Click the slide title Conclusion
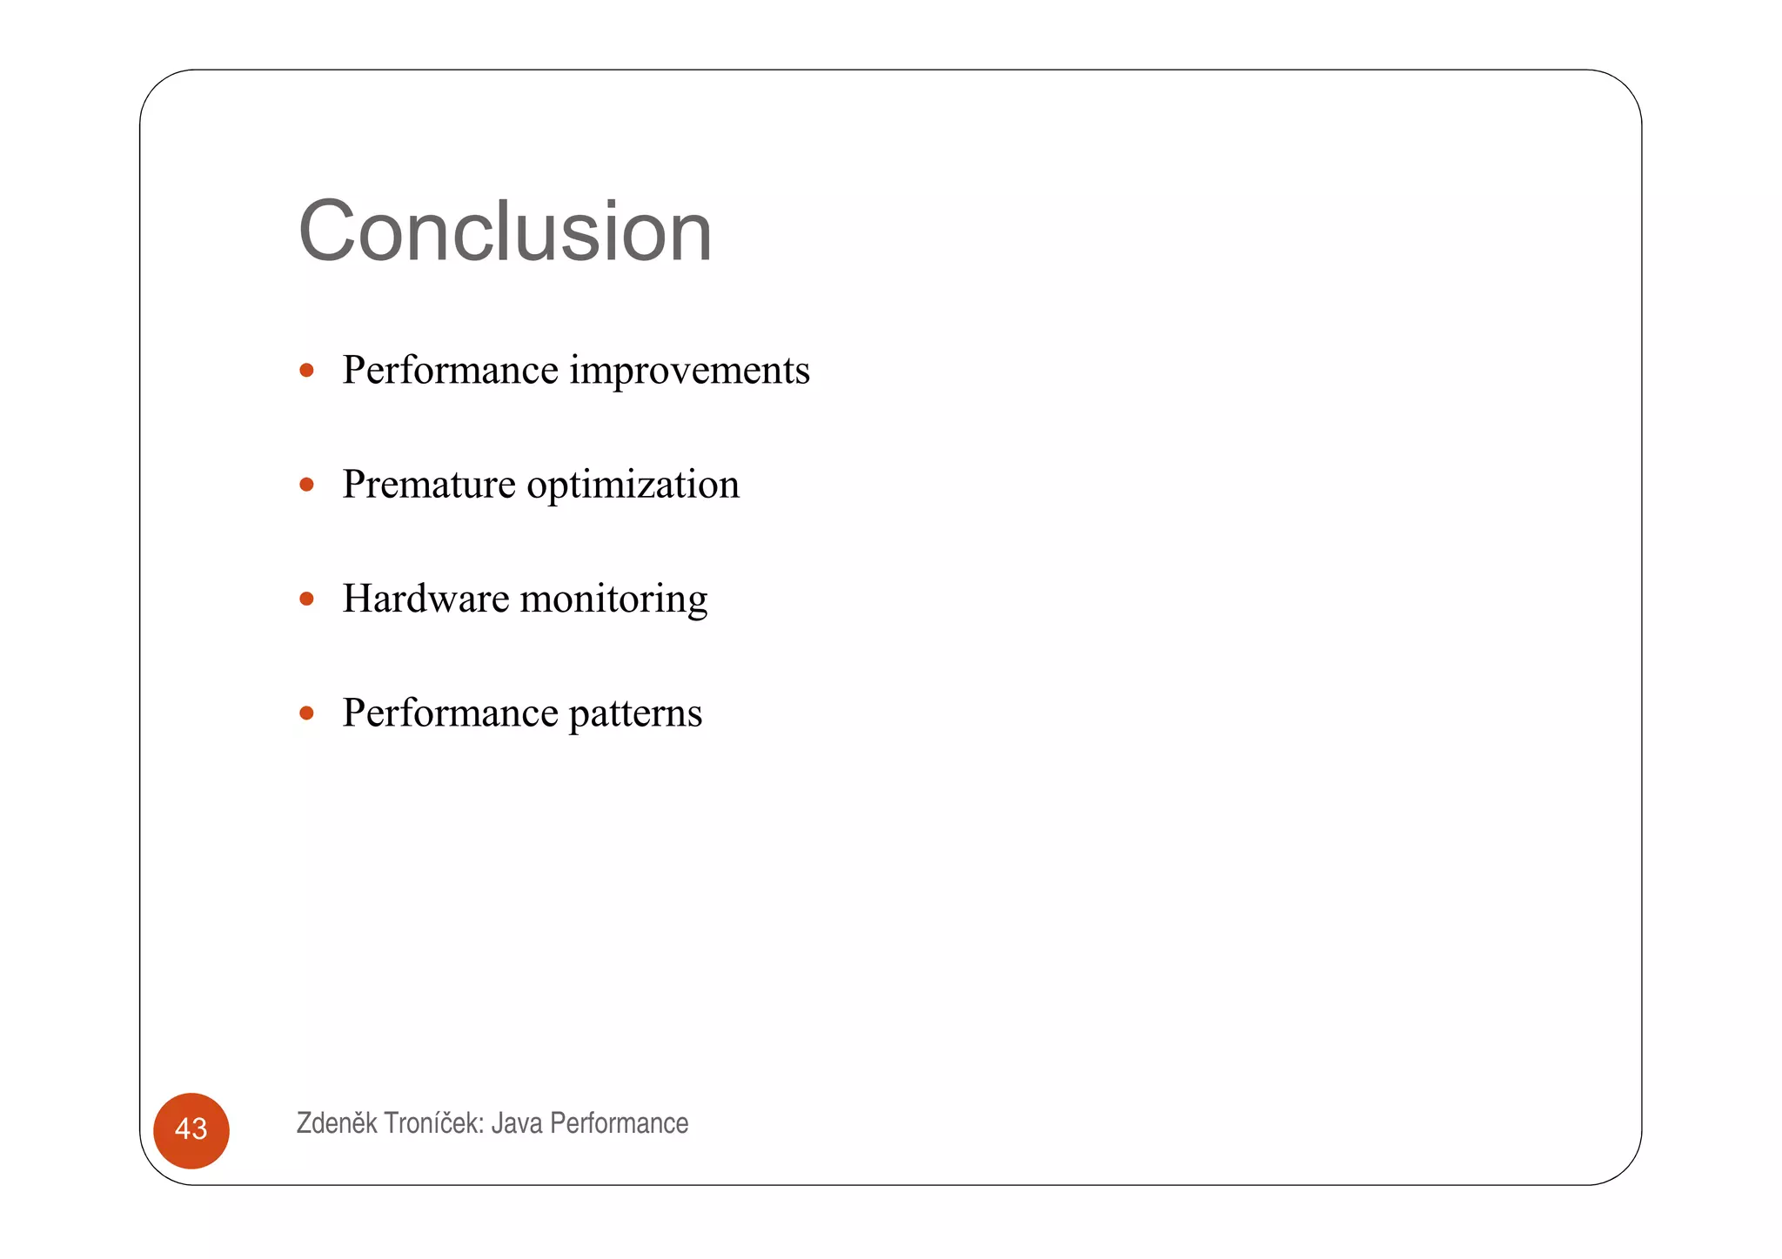505,231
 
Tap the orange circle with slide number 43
191,1130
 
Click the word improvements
689,371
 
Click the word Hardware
425,599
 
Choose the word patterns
635,714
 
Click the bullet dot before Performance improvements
306,371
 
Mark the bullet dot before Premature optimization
306,485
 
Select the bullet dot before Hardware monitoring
306,599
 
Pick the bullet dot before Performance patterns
306,713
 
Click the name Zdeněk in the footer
337,1123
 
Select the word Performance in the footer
619,1123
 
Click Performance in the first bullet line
450,371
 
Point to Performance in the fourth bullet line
450,713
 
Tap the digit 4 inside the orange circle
183,1129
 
